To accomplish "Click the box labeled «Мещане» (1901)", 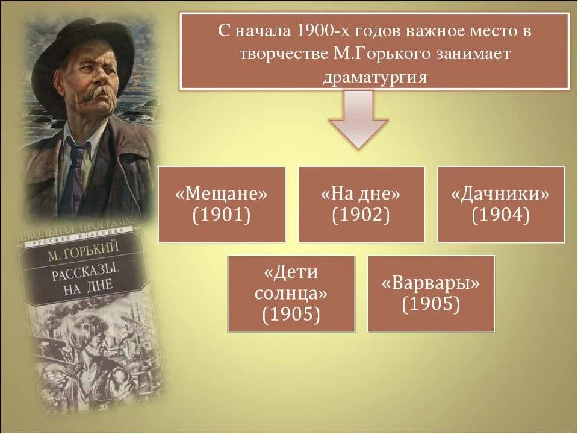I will (x=222, y=204).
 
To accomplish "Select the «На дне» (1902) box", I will (x=361, y=204).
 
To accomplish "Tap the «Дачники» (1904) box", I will (x=500, y=204).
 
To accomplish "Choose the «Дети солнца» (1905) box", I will (x=291, y=294).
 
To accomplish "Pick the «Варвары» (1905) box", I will (x=431, y=294).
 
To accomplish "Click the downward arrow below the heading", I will (x=358, y=121).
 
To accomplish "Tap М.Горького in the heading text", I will (x=373, y=54).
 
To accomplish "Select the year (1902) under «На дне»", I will (x=361, y=215).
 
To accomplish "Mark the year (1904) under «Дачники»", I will (x=500, y=215).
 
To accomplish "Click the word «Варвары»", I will (x=431, y=283).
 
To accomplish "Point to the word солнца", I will (x=291, y=294).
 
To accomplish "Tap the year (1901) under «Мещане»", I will (x=222, y=215).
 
